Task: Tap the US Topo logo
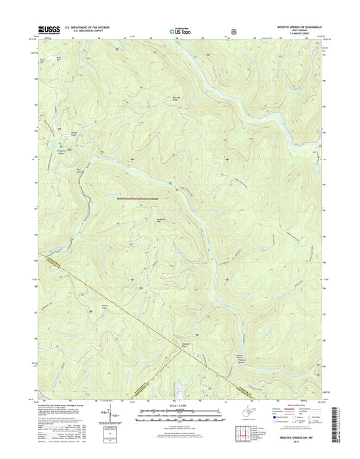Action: [180, 30]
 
